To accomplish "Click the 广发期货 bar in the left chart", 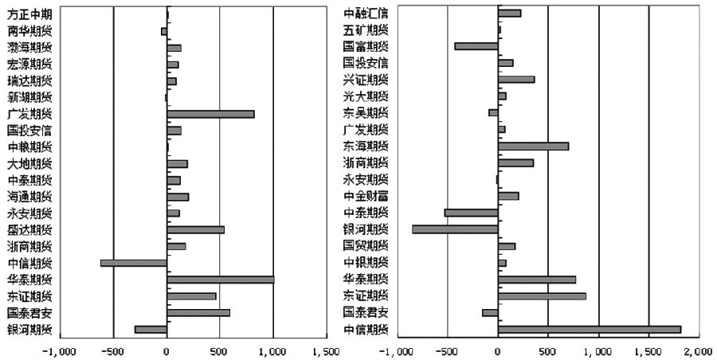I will pyautogui.click(x=210, y=114).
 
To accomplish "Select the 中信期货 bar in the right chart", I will pyautogui.click(x=590, y=329).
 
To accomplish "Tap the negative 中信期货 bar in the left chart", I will pyautogui.click(x=134, y=263).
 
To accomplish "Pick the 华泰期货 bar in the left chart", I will pyautogui.click(x=221, y=280).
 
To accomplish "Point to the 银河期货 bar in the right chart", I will pyautogui.click(x=455, y=229).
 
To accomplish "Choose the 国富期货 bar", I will pyautogui.click(x=476, y=46).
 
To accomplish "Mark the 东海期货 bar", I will pyautogui.click(x=533, y=146).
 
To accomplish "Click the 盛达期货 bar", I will pyautogui.click(x=196, y=229).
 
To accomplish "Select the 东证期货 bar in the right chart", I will pyautogui.click(x=542, y=296).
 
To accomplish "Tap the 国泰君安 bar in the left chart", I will pyautogui.click(x=198, y=312).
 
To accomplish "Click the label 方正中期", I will pyautogui.click(x=29, y=14).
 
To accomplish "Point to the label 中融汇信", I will pyautogui.click(x=366, y=13).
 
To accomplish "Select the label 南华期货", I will pyautogui.click(x=29, y=31).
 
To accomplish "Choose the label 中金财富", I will pyautogui.click(x=366, y=196).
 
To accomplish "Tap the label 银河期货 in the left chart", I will pyautogui.click(x=29, y=330).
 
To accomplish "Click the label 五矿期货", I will pyautogui.click(x=366, y=29).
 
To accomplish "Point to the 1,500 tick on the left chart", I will pyautogui.click(x=326, y=351).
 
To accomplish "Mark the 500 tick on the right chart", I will pyautogui.click(x=548, y=351).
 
